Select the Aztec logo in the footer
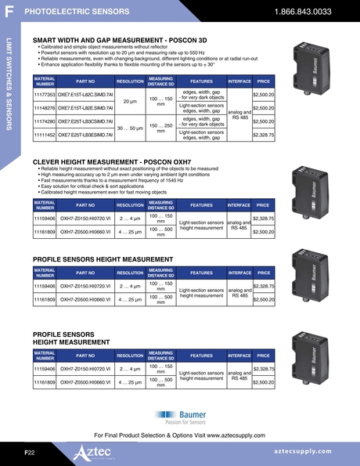click(93, 453)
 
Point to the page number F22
click(30, 453)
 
